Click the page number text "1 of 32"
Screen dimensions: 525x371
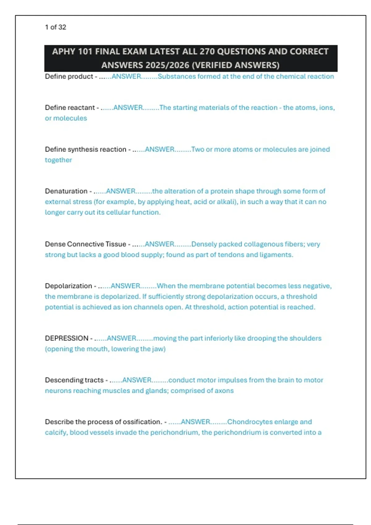point(55,27)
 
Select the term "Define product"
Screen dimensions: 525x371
point(69,76)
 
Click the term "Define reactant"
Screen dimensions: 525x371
point(70,107)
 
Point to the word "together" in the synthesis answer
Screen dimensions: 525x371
point(58,160)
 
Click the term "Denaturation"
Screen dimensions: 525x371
point(66,191)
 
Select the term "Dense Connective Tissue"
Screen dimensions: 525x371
point(85,244)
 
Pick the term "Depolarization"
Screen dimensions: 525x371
point(68,286)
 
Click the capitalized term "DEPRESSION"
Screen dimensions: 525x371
point(66,338)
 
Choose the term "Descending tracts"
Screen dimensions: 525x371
point(74,380)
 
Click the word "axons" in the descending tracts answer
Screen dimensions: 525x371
point(224,391)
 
